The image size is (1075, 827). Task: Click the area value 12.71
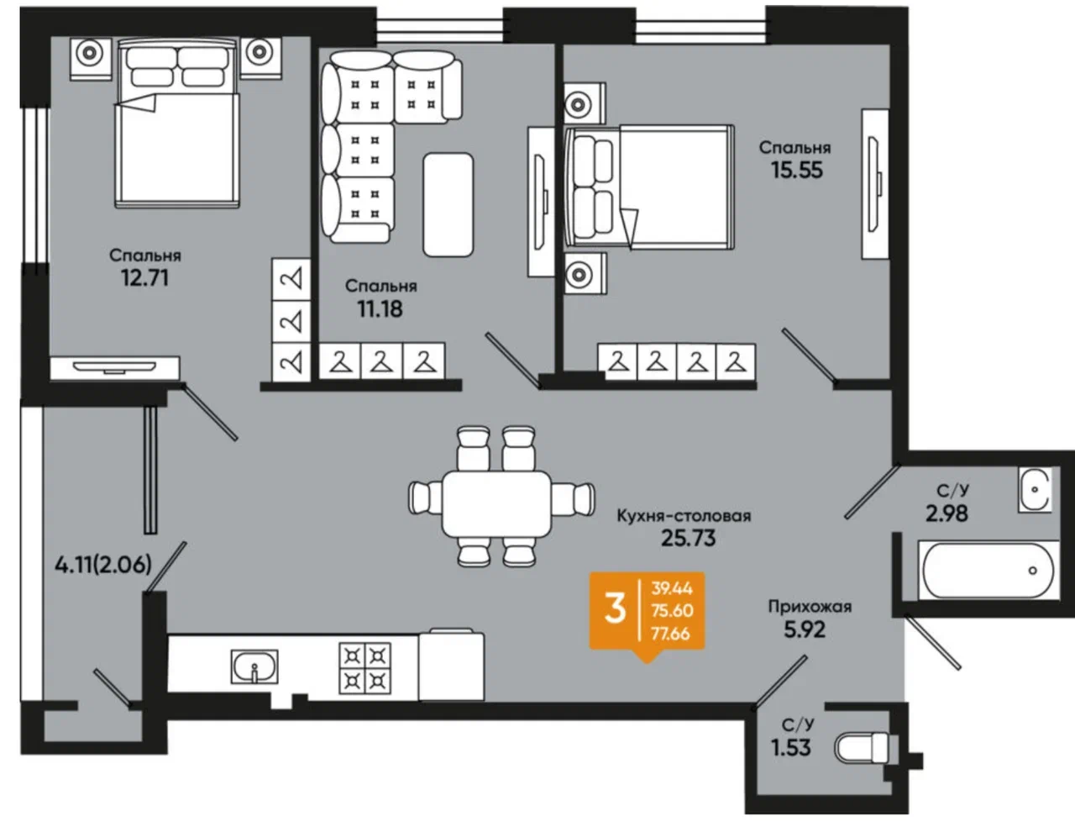[x=144, y=277]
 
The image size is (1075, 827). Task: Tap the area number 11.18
[x=380, y=308]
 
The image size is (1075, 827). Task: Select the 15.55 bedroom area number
[x=797, y=170]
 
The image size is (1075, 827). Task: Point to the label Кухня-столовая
[x=684, y=516]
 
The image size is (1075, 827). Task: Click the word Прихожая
[x=810, y=606]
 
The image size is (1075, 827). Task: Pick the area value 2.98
[x=947, y=514]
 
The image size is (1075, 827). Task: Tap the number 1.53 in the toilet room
[x=791, y=747]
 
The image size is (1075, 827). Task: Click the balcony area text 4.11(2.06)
[x=103, y=565]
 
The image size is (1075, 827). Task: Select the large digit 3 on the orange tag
[x=615, y=609]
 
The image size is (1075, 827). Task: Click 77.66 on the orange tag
[x=670, y=634]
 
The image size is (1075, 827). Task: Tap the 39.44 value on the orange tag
[x=672, y=588]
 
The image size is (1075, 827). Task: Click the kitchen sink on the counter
[x=254, y=666]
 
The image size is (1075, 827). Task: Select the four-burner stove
[x=365, y=668]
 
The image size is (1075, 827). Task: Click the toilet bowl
[x=866, y=748]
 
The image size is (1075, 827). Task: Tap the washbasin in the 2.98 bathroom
[x=1035, y=489]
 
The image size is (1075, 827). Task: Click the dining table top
[x=496, y=504]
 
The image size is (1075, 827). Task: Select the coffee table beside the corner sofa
[x=448, y=205]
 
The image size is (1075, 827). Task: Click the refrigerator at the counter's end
[x=451, y=666]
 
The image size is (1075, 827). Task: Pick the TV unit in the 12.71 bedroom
[x=115, y=368]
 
